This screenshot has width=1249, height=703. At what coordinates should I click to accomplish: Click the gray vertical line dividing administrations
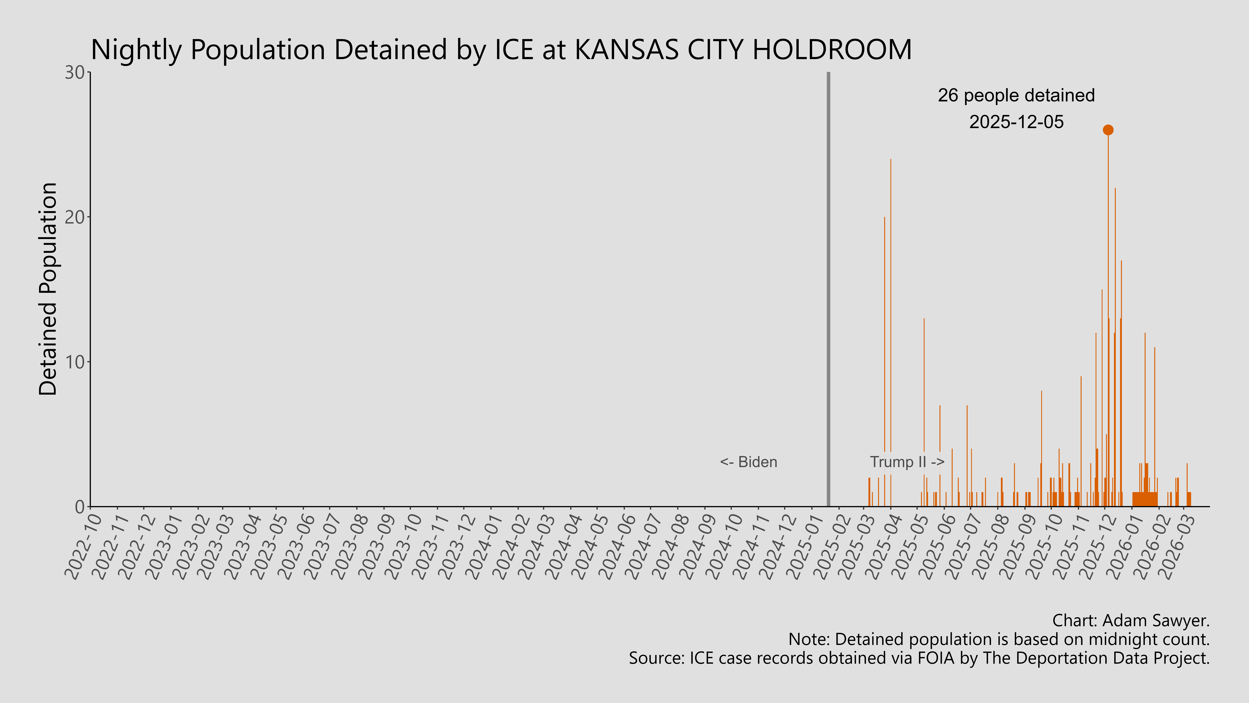click(828, 291)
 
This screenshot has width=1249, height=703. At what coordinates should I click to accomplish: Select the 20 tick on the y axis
click(75, 217)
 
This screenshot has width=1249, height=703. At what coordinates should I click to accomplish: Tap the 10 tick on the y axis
click(75, 362)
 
